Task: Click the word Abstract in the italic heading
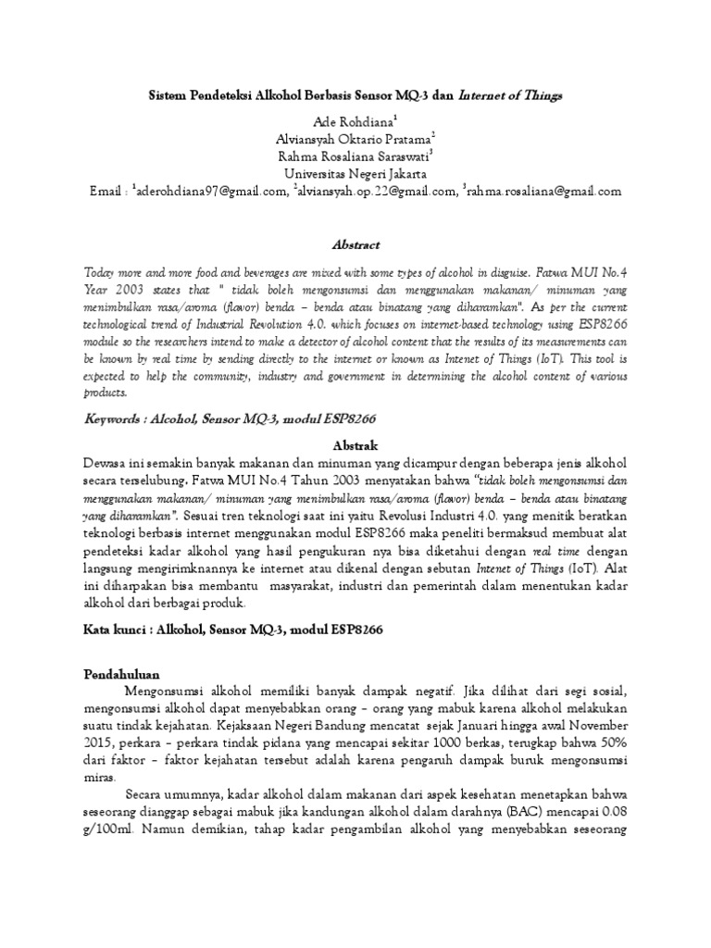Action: (355, 244)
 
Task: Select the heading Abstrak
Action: (355, 444)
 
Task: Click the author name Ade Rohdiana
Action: (353, 123)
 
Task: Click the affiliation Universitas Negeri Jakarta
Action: (355, 173)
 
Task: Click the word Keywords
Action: (115, 418)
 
